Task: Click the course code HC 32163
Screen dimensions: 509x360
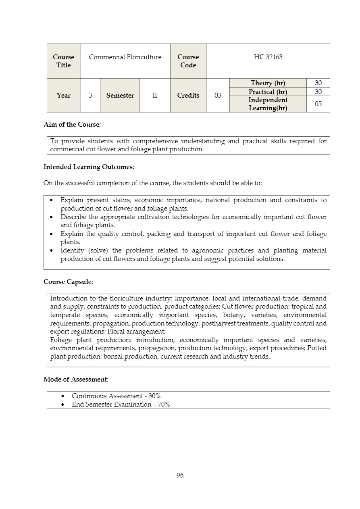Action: (x=268, y=57)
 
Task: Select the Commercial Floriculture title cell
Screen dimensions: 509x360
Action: (x=125, y=57)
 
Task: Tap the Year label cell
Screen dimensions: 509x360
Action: (x=63, y=96)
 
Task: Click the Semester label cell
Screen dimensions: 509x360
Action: (x=120, y=96)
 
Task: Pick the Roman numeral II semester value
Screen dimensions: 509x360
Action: (x=154, y=96)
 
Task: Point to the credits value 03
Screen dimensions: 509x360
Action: (x=218, y=96)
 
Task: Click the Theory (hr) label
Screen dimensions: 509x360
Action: (x=268, y=83)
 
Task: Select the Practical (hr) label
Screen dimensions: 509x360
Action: (x=268, y=92)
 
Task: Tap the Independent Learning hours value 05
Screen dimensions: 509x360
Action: (x=318, y=104)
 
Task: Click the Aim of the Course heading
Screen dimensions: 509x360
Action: (x=72, y=125)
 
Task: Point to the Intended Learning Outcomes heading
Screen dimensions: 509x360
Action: (x=89, y=167)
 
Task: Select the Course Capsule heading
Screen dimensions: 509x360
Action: (x=68, y=282)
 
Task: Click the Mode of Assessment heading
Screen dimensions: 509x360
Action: (x=76, y=380)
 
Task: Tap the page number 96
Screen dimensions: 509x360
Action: (x=180, y=476)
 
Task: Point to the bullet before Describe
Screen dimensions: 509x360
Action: (x=52, y=217)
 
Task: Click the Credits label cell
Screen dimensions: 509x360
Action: (x=188, y=96)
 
